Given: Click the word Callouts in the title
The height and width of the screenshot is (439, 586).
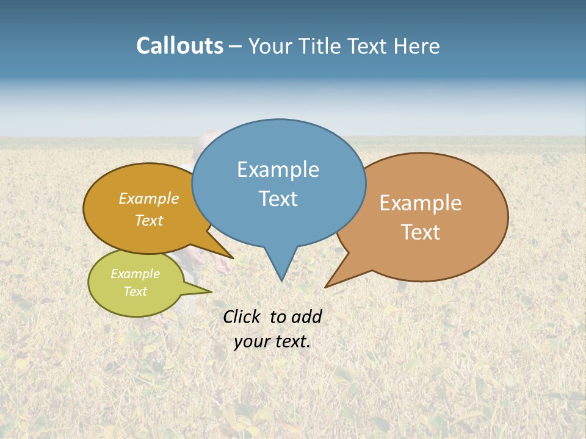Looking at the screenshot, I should point(179,46).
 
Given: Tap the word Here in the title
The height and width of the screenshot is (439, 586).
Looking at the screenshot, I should point(418,46).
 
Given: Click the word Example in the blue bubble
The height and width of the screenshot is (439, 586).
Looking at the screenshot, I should point(278,170).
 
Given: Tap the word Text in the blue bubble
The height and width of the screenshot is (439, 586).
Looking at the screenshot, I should point(278,199).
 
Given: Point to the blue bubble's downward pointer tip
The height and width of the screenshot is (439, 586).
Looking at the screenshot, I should point(281,280).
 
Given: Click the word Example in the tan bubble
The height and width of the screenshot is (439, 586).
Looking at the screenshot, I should point(420,203).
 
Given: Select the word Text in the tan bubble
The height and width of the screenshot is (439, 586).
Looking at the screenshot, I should point(421,232).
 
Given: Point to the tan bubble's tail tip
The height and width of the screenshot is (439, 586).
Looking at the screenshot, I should point(325,287).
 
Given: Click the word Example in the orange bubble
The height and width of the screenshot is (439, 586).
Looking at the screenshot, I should point(149,199).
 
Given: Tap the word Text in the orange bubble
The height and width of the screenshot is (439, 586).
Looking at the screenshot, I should point(149,220).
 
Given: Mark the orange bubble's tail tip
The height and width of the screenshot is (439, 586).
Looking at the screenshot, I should point(233,258).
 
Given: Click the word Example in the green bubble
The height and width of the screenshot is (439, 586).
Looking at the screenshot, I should point(135,274).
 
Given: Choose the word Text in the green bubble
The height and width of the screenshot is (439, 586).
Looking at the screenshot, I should point(135,291).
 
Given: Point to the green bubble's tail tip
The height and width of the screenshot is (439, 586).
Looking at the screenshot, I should point(211,291).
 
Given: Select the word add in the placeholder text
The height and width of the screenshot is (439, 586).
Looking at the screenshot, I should point(306,317).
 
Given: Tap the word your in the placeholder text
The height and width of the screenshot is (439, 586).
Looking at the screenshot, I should point(251,341).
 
